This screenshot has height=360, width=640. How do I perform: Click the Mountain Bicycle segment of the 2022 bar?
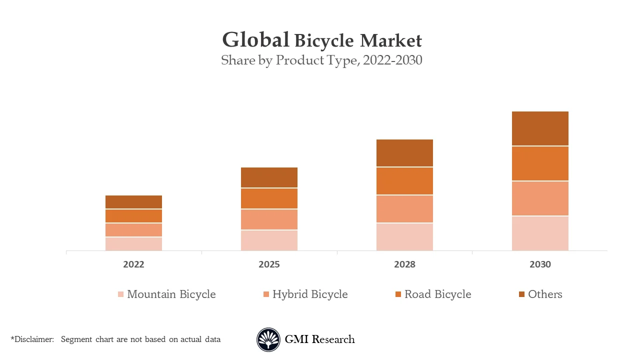pyautogui.click(x=133, y=243)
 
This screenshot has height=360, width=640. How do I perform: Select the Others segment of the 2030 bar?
pyautogui.click(x=540, y=128)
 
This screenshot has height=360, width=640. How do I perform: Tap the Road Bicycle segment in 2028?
pyautogui.click(x=404, y=181)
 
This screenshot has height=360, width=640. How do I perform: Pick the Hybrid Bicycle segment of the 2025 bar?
pyautogui.click(x=269, y=219)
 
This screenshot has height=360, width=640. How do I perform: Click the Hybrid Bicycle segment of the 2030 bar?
pyautogui.click(x=540, y=198)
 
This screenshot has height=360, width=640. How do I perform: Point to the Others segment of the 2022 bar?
pyautogui.click(x=133, y=202)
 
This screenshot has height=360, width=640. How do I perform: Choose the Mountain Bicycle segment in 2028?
pyautogui.click(x=404, y=236)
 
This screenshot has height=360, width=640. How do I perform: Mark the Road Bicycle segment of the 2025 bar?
pyautogui.click(x=269, y=198)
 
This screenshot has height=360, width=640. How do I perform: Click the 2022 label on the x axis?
pyautogui.click(x=133, y=264)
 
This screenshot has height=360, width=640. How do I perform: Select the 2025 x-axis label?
pyautogui.click(x=269, y=264)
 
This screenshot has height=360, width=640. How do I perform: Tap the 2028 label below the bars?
pyautogui.click(x=404, y=264)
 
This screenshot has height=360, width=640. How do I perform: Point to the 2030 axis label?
pyautogui.click(x=540, y=264)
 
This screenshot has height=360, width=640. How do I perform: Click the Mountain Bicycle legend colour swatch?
pyautogui.click(x=120, y=294)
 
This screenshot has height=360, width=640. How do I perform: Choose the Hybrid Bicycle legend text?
pyautogui.click(x=309, y=294)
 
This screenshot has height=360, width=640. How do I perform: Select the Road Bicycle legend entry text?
pyautogui.click(x=437, y=294)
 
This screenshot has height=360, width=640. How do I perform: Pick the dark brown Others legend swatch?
pyautogui.click(x=521, y=294)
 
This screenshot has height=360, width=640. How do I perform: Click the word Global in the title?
pyautogui.click(x=255, y=40)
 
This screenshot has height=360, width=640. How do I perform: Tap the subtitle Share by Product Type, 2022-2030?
pyautogui.click(x=321, y=60)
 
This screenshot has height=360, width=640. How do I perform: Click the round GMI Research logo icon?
pyautogui.click(x=268, y=339)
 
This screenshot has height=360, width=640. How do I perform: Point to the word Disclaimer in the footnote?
pyautogui.click(x=33, y=339)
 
